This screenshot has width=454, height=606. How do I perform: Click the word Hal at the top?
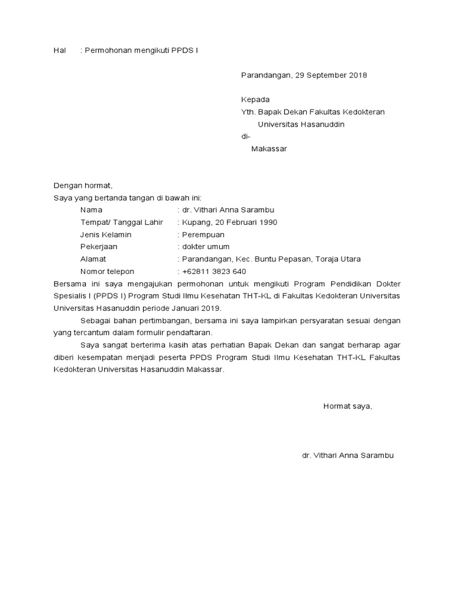(59, 51)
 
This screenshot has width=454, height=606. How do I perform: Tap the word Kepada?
(255, 99)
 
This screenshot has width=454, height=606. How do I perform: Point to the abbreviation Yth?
(248, 112)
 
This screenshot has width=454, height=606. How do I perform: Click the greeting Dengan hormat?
(82, 185)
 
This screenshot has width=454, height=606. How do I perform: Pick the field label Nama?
(91, 210)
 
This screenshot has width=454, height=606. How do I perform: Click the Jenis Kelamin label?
(106, 234)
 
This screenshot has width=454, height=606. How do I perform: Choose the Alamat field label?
(93, 259)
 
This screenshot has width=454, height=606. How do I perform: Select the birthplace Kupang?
(194, 223)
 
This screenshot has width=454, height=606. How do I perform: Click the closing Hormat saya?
(348, 406)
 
